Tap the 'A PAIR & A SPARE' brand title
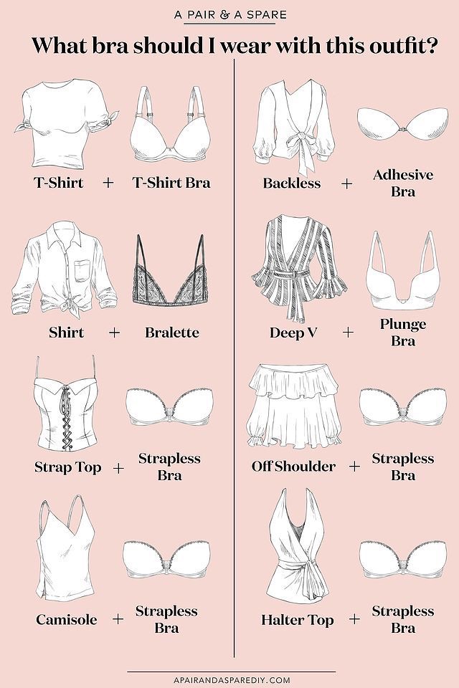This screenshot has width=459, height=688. (230, 14)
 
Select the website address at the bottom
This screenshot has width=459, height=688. (232, 679)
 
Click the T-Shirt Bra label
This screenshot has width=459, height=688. (171, 183)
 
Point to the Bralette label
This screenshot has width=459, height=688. (171, 332)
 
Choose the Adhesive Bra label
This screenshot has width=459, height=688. (403, 183)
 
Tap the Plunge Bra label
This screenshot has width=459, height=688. (403, 332)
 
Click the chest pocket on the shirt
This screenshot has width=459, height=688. (82, 270)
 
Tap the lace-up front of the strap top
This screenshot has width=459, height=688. (67, 415)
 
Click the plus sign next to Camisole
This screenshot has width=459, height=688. (118, 619)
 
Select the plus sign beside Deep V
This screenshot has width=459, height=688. (347, 332)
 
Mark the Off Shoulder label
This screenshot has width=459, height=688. (293, 466)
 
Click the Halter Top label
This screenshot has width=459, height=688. (298, 619)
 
